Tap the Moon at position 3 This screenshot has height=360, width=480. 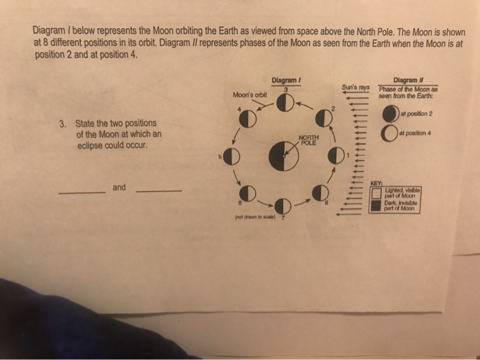(285, 104)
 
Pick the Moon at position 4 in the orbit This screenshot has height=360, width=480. (248, 119)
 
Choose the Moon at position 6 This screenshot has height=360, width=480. (248, 193)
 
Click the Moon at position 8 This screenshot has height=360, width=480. (320, 192)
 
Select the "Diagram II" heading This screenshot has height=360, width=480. (403, 80)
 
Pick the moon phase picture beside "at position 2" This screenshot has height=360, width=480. (389, 113)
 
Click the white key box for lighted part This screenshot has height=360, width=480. (376, 192)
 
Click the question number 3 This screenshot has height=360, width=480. (62, 124)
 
